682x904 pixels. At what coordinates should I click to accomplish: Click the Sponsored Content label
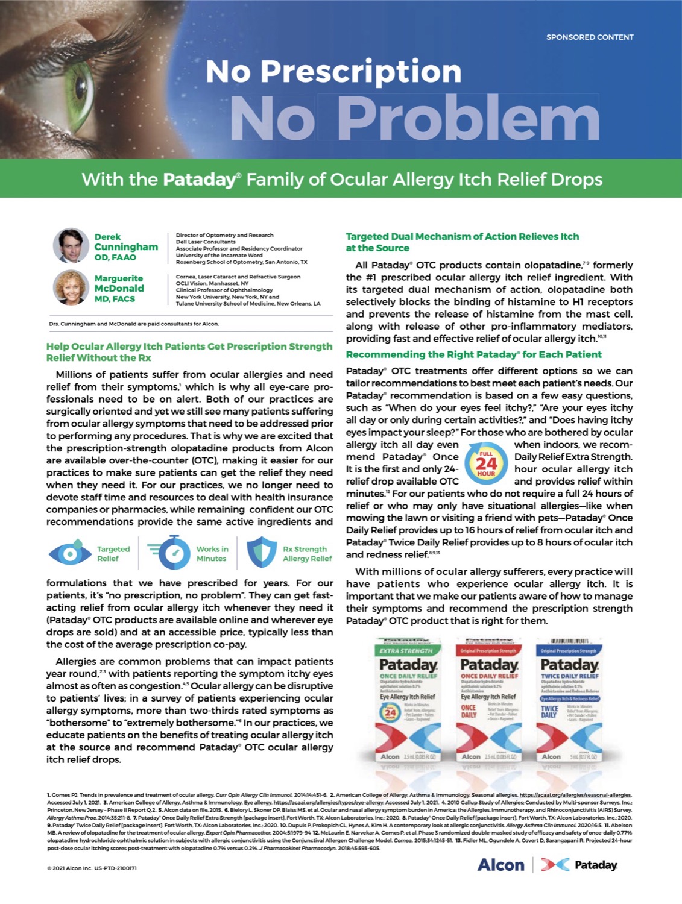(589, 37)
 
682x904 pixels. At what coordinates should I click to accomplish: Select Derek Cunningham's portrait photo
(71, 246)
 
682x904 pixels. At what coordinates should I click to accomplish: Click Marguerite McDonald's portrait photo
(71, 287)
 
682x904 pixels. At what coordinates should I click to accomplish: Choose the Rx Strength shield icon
(262, 553)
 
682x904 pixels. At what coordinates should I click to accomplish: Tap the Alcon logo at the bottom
(500, 865)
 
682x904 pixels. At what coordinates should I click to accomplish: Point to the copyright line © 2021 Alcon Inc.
(92, 868)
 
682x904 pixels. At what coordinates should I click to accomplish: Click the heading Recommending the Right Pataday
(473, 354)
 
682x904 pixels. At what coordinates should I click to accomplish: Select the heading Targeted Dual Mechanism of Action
(462, 242)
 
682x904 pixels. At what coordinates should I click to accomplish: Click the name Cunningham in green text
(126, 247)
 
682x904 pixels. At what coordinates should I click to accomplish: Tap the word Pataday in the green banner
(198, 179)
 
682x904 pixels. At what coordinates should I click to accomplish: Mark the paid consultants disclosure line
(134, 324)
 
